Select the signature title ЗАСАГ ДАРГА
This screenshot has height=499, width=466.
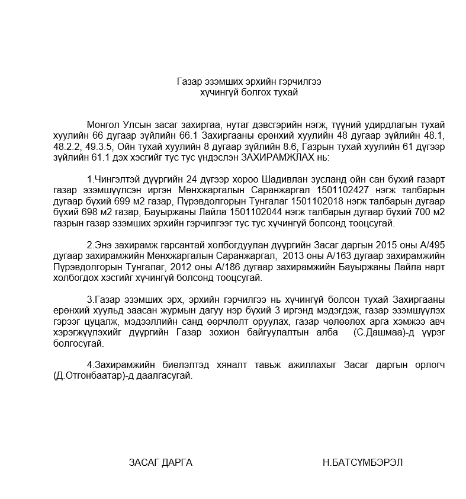click(x=160, y=462)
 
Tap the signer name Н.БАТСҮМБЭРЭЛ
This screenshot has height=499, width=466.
click(x=363, y=462)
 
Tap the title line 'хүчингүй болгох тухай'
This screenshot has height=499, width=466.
click(x=249, y=92)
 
